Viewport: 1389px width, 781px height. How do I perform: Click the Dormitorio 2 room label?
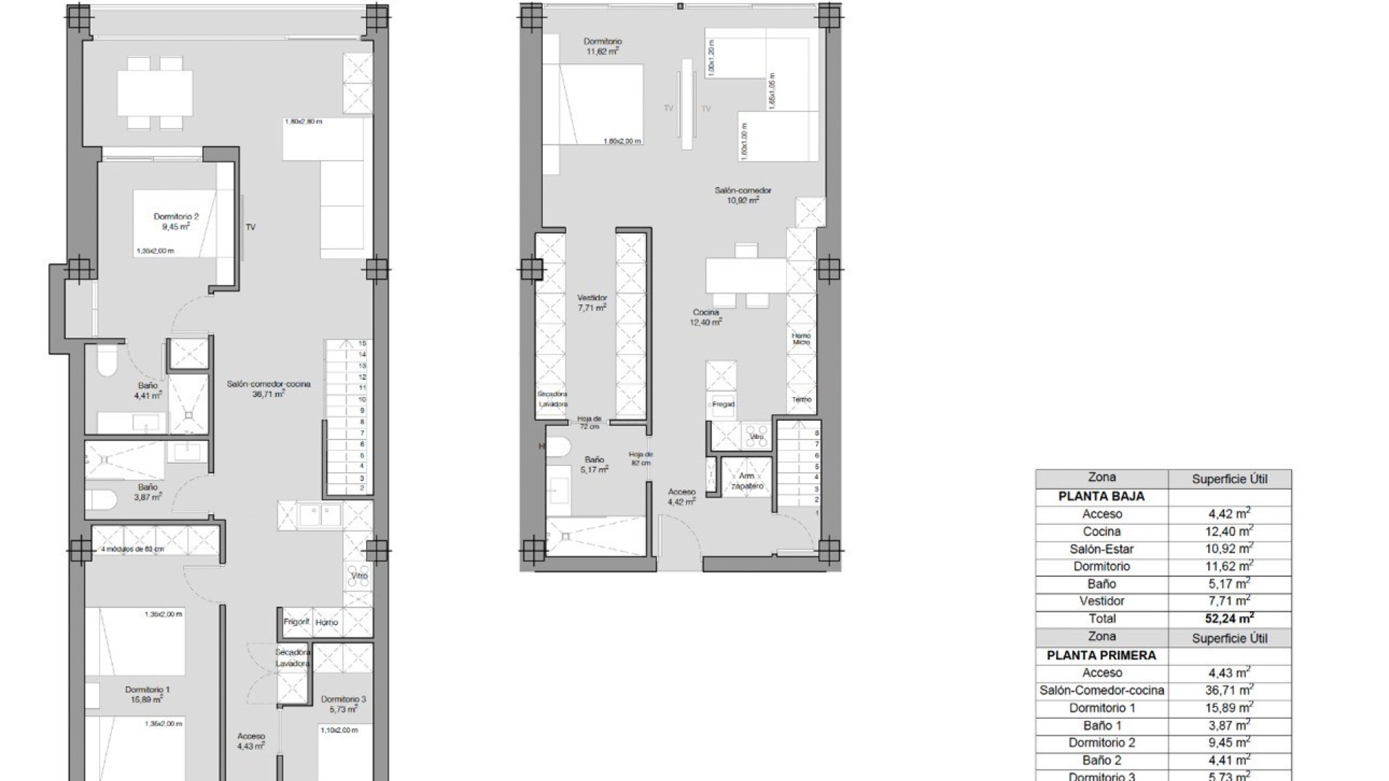pos(176,221)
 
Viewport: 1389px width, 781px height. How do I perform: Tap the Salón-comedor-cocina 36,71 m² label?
pos(268,388)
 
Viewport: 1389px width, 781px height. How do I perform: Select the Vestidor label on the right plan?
pos(592,302)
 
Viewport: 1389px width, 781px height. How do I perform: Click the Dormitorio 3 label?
pos(343,704)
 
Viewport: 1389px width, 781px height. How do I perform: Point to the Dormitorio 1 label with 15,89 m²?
pos(147,694)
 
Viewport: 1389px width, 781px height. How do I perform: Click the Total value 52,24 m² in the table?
pos(1229,618)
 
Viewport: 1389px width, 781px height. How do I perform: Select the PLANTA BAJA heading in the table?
pos(1101,497)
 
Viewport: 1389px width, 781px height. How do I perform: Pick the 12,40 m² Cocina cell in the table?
pos(1229,532)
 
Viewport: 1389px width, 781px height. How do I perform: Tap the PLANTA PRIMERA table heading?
pos(1101,656)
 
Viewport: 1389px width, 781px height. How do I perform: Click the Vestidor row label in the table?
pos(1101,601)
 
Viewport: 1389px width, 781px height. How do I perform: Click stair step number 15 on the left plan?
pos(362,344)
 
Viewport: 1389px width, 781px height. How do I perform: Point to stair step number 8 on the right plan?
pos(817,433)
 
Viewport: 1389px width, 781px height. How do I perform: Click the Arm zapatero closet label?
pos(747,481)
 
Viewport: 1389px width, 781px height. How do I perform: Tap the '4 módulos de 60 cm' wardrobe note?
pos(133,549)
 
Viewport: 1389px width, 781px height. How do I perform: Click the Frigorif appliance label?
pos(297,622)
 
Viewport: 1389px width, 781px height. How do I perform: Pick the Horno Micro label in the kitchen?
pos(801,338)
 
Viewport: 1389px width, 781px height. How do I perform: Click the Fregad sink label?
pos(723,404)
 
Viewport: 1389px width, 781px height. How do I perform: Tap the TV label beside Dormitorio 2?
pos(250,227)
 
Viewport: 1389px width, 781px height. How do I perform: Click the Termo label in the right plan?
pos(801,399)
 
